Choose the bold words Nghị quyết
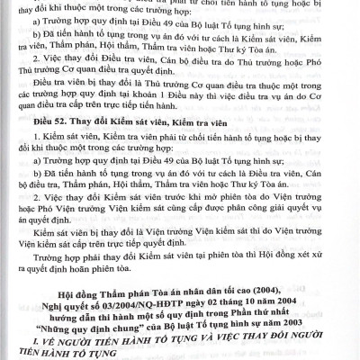(x=86, y=304)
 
